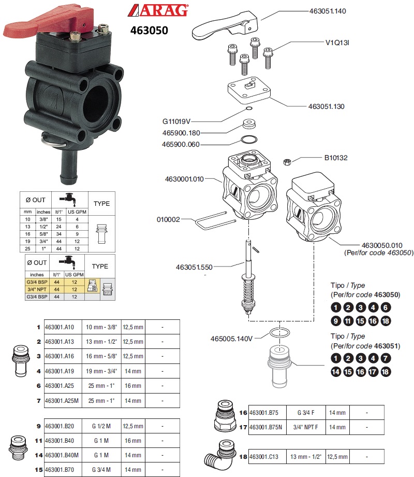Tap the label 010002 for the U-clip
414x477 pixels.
[168, 219]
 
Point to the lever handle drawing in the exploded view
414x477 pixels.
[225, 26]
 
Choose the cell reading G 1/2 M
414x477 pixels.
[102, 426]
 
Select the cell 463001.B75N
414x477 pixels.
[268, 427]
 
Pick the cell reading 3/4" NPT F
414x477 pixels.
[305, 427]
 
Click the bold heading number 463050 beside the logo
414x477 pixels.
[149, 31]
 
